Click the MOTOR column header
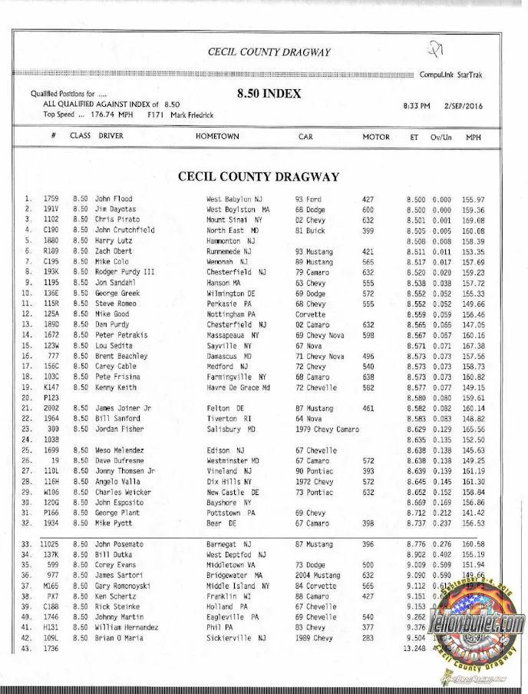(376, 137)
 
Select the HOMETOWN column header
(217, 137)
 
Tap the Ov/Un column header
(440, 137)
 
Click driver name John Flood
(114, 199)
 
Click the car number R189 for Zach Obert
(51, 251)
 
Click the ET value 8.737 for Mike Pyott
(415, 523)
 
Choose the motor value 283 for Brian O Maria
(368, 638)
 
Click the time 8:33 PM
(416, 105)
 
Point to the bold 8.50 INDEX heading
(269, 95)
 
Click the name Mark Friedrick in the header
(192, 115)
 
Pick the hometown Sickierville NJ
(236, 638)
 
